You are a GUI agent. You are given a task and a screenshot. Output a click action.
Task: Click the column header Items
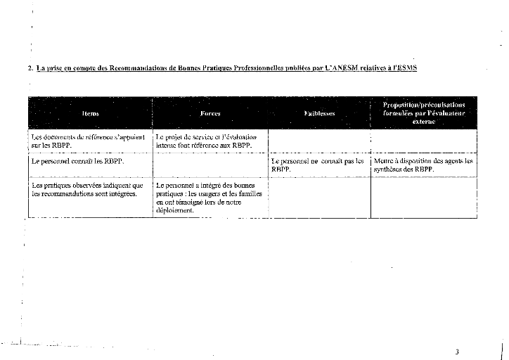point(90,113)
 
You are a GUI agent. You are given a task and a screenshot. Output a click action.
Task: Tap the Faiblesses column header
point(319,113)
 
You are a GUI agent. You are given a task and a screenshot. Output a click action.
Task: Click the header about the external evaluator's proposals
point(423,112)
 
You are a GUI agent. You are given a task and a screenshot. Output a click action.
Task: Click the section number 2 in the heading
point(29,68)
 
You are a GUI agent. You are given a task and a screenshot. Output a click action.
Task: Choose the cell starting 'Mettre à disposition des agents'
point(423,165)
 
